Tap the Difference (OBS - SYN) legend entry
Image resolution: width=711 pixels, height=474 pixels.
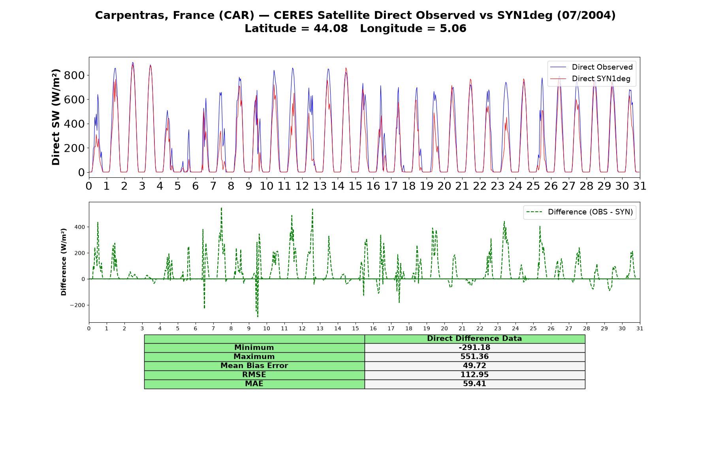pyautogui.click(x=580, y=212)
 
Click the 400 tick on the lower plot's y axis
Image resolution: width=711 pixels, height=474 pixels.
pyautogui.click(x=79, y=227)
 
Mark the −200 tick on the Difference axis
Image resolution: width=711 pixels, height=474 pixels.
pyautogui.click(x=77, y=305)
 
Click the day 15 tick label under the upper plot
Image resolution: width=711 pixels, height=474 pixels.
pyautogui.click(x=355, y=186)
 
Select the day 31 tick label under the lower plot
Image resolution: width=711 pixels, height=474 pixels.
pyautogui.click(x=640, y=329)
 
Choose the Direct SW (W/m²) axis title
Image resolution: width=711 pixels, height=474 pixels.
pyautogui.click(x=56, y=117)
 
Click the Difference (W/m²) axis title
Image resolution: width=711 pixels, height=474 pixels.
pyautogui.click(x=64, y=262)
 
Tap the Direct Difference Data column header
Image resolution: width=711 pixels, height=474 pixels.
pyautogui.click(x=474, y=339)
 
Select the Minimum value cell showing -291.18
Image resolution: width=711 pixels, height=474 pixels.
pyautogui.click(x=474, y=348)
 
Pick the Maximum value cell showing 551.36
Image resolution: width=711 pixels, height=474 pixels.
pyautogui.click(x=474, y=357)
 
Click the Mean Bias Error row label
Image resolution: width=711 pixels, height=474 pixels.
pyautogui.click(x=254, y=366)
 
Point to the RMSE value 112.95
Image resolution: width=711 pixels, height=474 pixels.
pyautogui.click(x=474, y=375)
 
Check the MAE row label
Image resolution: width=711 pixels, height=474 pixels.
pyautogui.click(x=254, y=384)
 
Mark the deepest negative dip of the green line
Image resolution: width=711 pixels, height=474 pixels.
pyautogui.click(x=258, y=316)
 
